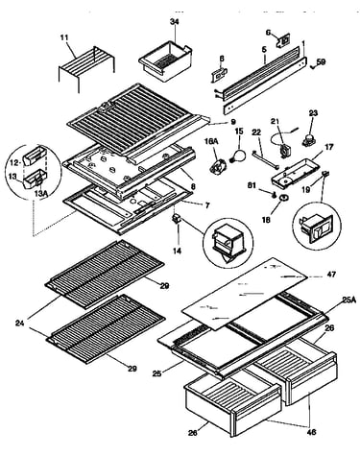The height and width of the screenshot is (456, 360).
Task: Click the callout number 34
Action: coord(175,22)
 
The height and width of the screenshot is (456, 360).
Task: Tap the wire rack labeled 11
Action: coord(87,66)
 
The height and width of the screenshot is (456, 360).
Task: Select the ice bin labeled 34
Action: coord(165,60)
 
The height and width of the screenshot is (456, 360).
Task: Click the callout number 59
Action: coord(321,61)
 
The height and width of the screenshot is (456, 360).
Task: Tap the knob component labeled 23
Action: coord(308,141)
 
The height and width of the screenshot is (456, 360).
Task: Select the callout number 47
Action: coord(331,275)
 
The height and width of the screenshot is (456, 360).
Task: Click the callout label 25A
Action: coord(348,300)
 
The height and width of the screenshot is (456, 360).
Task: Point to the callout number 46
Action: coord(311,432)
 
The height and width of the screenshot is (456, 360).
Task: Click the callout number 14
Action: coord(177,251)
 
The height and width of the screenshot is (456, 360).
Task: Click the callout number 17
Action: coord(328,147)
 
